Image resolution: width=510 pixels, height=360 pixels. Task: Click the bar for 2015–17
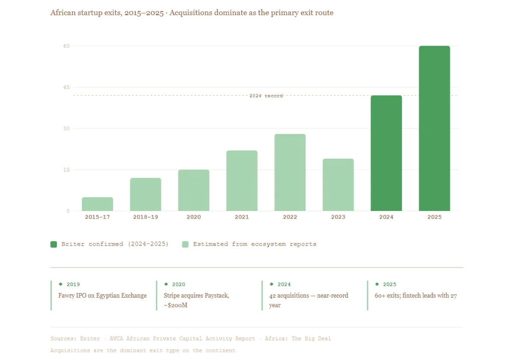tap(97, 204)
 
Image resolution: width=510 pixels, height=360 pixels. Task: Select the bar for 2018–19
tap(146, 195)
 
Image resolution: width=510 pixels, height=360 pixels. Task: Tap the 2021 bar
tap(242, 181)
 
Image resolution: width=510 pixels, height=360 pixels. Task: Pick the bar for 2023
tap(338, 185)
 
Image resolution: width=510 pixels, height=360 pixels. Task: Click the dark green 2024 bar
tap(386, 153)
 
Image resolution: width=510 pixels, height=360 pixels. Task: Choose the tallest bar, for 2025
tap(435, 129)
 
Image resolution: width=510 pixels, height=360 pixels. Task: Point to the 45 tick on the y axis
tap(66, 87)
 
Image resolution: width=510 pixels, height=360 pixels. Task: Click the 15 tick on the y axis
tap(66, 170)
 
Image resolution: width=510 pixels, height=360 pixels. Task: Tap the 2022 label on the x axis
tap(290, 217)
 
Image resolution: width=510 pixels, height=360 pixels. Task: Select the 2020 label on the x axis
tap(193, 217)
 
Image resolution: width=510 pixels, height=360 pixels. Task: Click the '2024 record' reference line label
tap(266, 95)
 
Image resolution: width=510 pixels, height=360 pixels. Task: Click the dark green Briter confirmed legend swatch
tap(54, 244)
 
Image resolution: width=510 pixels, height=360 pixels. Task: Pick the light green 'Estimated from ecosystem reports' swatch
tap(185, 244)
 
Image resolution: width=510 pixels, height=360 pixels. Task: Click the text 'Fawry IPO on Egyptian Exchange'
tap(103, 296)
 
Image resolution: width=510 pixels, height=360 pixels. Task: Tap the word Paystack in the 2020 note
tap(217, 296)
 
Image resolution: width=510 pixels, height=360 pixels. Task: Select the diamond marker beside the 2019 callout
tap(61, 284)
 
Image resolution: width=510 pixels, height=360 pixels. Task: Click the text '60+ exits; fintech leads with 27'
tap(416, 296)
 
